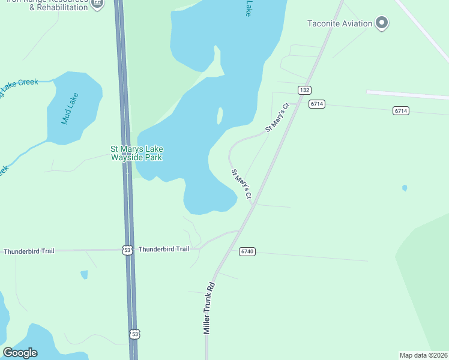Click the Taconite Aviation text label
point(339,24)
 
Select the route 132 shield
point(304,90)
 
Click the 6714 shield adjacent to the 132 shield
point(317,104)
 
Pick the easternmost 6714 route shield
point(401,110)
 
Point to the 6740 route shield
point(247,251)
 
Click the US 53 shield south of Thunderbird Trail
point(134,334)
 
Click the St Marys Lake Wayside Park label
point(137,153)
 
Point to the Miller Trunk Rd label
point(209,308)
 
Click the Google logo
point(20,353)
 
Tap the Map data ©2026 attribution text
point(423,355)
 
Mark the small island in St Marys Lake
point(220,116)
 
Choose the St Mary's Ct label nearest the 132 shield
point(278,118)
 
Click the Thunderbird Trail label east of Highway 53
point(164,249)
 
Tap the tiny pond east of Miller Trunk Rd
point(405,188)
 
